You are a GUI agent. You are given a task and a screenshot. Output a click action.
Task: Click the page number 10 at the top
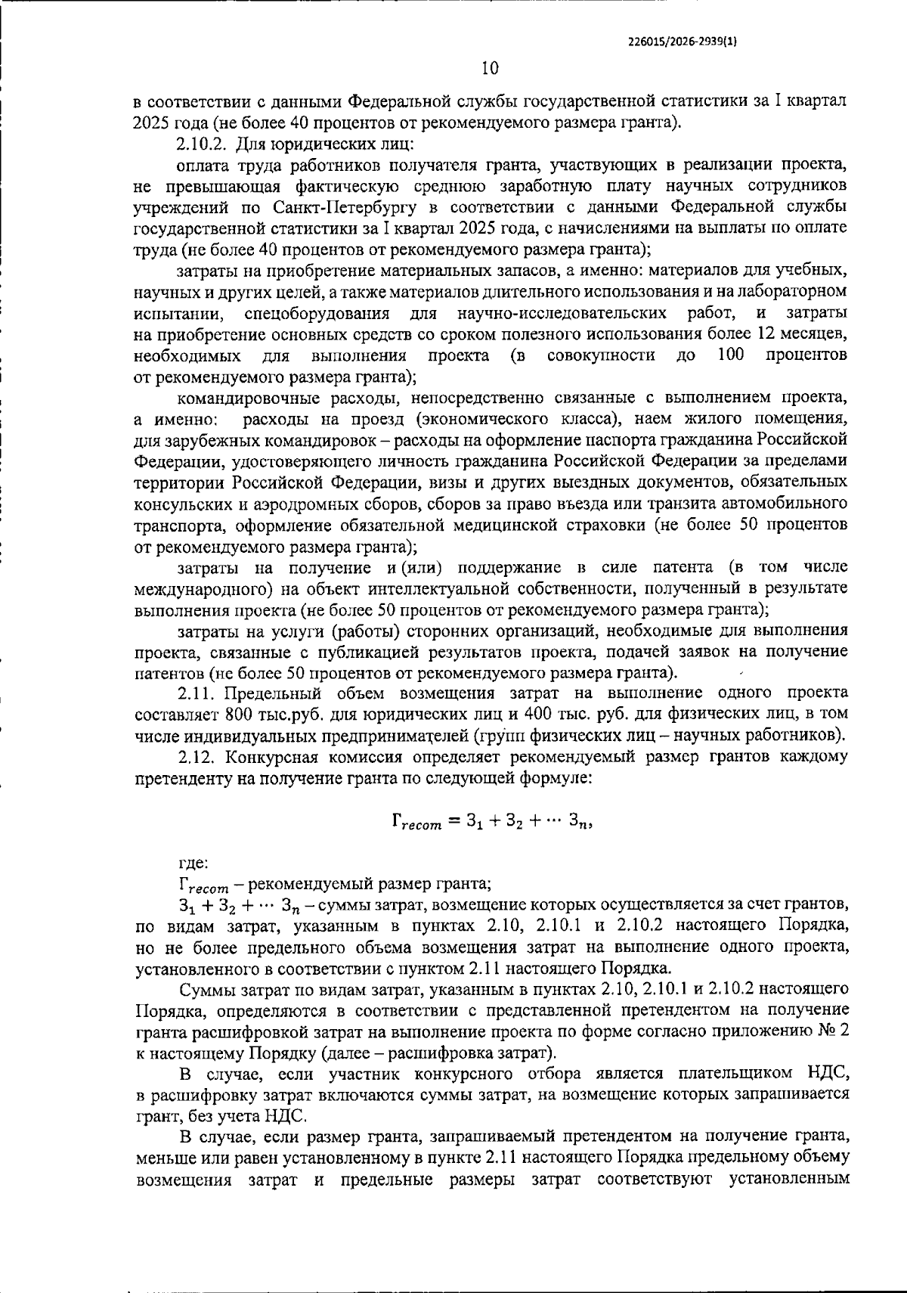(490, 69)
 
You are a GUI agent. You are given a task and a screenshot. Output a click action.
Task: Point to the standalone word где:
(193, 863)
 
